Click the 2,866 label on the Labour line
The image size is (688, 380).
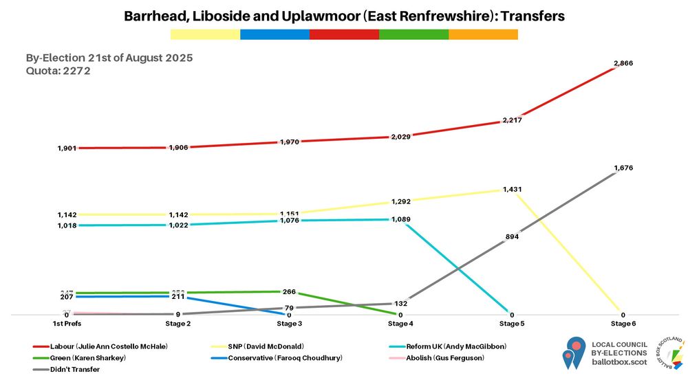coord(623,63)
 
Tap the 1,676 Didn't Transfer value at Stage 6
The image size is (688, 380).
coord(623,168)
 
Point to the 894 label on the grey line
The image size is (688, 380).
coord(512,236)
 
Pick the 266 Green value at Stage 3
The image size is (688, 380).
coord(289,291)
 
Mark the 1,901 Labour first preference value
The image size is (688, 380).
coord(67,148)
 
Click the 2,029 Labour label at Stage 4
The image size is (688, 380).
coord(400,137)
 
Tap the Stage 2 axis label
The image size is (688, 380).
coord(178,323)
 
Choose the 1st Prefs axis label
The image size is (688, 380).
coord(66,323)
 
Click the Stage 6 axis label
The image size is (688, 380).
coord(623,323)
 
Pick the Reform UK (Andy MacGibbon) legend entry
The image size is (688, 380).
coord(433,346)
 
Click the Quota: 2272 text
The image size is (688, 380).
coord(58,70)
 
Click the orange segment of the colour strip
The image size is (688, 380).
coord(483,34)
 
